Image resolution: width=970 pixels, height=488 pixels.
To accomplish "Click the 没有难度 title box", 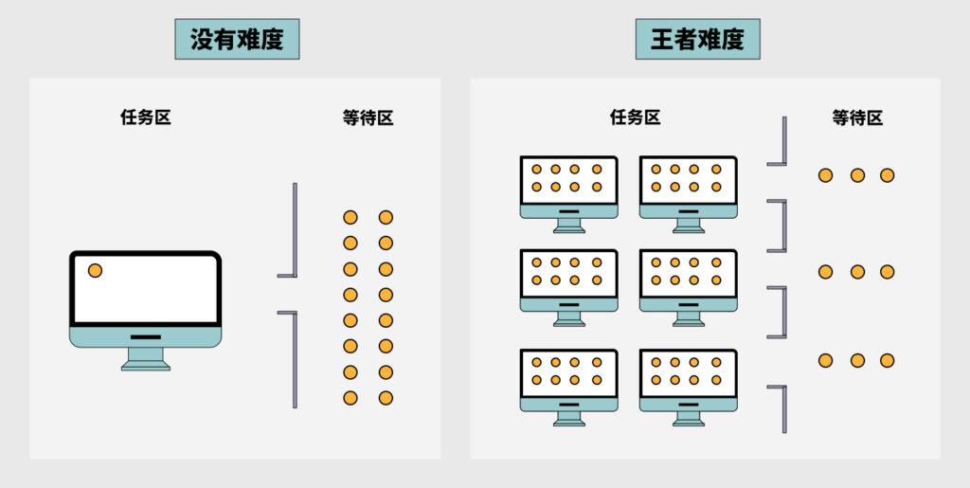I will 237,40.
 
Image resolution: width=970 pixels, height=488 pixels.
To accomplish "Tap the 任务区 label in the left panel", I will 145,117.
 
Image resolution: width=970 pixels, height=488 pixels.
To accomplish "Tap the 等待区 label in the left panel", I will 368,117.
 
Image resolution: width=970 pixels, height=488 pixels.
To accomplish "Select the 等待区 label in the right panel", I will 857,117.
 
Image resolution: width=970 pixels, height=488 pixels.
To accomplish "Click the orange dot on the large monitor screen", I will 95,271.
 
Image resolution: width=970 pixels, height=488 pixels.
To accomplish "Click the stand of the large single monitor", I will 145,357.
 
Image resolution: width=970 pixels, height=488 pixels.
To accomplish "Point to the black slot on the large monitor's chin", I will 145,336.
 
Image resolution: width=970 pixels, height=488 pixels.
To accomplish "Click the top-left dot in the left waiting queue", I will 350,217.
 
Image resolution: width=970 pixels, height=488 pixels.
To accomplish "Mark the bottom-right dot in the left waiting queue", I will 386,398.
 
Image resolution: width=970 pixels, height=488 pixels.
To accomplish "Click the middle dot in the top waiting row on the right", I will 857,175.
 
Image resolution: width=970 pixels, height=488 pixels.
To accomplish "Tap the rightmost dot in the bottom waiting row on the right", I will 887,360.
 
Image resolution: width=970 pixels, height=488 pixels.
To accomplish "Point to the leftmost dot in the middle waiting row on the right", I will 825,272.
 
